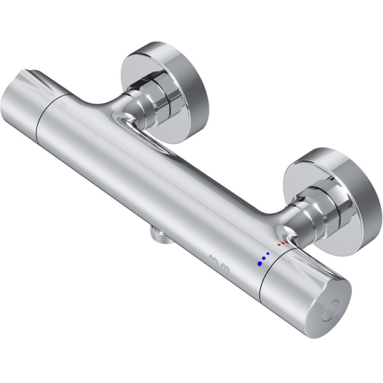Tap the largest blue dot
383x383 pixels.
coord(259,262)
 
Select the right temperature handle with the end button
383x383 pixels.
coord(306,294)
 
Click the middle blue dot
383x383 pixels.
coord(264,258)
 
